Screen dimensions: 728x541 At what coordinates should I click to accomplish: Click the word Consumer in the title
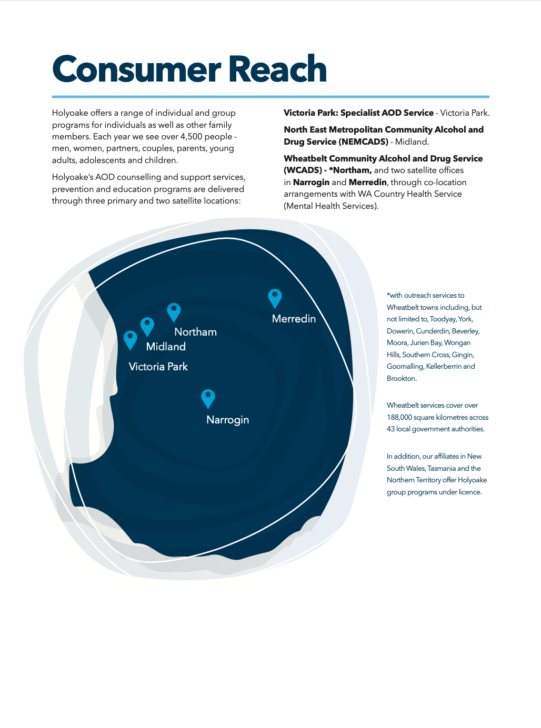pyautogui.click(x=136, y=70)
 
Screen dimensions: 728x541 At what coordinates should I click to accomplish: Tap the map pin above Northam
pyautogui.click(x=174, y=311)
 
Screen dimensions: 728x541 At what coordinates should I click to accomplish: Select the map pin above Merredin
pyautogui.click(x=275, y=298)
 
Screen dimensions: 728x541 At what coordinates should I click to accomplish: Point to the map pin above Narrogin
pyautogui.click(x=208, y=398)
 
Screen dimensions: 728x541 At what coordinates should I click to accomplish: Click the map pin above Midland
pyautogui.click(x=147, y=326)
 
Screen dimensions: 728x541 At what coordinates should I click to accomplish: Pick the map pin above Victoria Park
pyautogui.click(x=130, y=339)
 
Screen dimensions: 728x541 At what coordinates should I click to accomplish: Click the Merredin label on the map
pyautogui.click(x=294, y=319)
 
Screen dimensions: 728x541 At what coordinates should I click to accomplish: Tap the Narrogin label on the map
pyautogui.click(x=227, y=420)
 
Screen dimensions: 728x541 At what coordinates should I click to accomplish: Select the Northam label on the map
pyautogui.click(x=195, y=332)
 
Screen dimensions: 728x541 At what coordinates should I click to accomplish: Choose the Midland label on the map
pyautogui.click(x=166, y=347)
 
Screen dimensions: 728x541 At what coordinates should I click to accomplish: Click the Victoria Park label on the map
pyautogui.click(x=158, y=367)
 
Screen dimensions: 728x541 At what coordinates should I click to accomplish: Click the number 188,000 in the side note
pyautogui.click(x=399, y=417)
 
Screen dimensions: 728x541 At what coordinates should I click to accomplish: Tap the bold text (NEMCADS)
pyautogui.click(x=363, y=142)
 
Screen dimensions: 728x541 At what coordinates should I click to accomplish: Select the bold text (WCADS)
pyautogui.click(x=303, y=170)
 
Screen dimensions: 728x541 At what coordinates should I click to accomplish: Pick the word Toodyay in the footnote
pyautogui.click(x=443, y=319)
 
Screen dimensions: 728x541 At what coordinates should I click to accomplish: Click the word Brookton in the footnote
pyautogui.click(x=401, y=379)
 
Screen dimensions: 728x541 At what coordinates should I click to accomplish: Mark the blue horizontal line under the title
pyautogui.click(x=270, y=97)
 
